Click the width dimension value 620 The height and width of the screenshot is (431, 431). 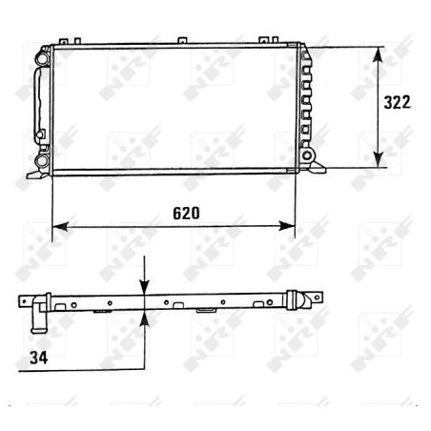tap(186, 213)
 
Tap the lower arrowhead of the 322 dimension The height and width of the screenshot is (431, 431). tap(380, 161)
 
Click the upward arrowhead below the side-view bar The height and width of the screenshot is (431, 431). tap(144, 320)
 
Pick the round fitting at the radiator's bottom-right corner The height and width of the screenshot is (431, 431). tap(306, 153)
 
